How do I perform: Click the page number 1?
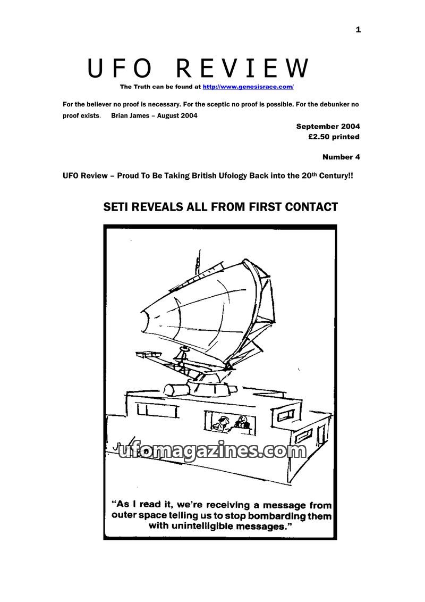(358, 30)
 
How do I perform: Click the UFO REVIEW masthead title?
(198, 69)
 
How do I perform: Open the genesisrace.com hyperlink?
(248, 87)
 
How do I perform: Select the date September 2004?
(328, 127)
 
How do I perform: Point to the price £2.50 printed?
(334, 137)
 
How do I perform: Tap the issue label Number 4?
(341, 157)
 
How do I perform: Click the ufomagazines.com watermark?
(212, 451)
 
